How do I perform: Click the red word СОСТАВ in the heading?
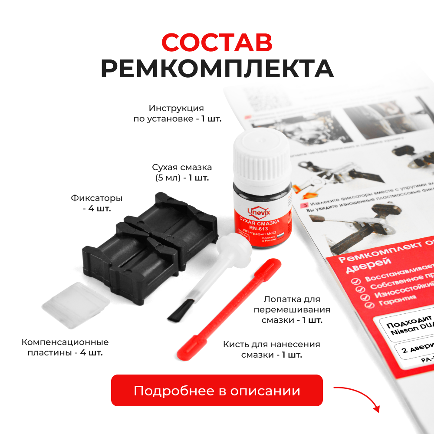(217, 43)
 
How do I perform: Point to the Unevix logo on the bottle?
(259, 212)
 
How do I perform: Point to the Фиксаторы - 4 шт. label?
(96, 203)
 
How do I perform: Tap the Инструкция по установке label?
(177, 113)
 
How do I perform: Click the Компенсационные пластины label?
(65, 348)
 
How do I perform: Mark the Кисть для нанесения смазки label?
(272, 349)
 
